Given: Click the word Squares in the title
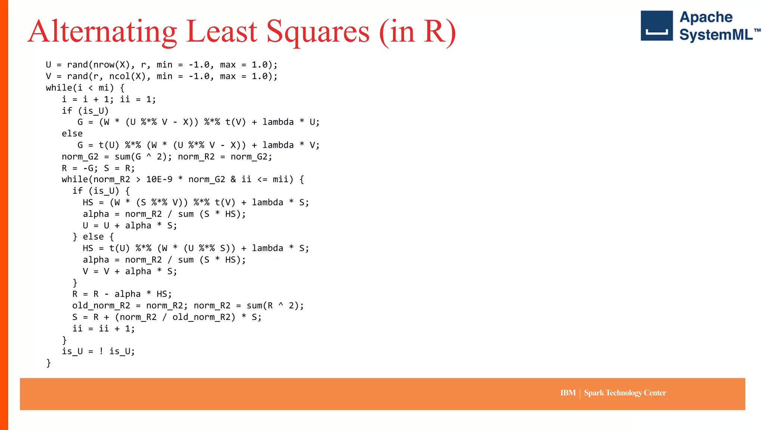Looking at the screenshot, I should pyautogui.click(x=318, y=32).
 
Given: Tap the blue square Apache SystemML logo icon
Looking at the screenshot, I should pyautogui.click(x=656, y=26).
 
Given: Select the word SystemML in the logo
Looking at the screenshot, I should pyautogui.click(x=716, y=35).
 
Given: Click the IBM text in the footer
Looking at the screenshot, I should pyautogui.click(x=568, y=393).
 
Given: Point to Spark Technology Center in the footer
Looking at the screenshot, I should pyautogui.click(x=625, y=393).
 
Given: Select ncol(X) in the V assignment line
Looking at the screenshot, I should pyautogui.click(x=127, y=77).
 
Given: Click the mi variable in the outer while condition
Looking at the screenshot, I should pyautogui.click(x=103, y=88).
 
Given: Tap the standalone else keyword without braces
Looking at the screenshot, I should pyautogui.click(x=72, y=134).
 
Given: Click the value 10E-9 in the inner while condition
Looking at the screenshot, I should pyautogui.click(x=159, y=180).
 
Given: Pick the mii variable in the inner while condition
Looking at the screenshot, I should pyautogui.click(x=280, y=180).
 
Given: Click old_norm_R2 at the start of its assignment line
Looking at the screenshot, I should pyautogui.click(x=101, y=306).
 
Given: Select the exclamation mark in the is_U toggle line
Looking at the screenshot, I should pyautogui.click(x=101, y=351).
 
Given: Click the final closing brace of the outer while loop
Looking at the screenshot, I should pyautogui.click(x=49, y=363).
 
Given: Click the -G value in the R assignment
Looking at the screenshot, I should pyautogui.click(x=88, y=168).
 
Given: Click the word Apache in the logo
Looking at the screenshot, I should pyautogui.click(x=706, y=17).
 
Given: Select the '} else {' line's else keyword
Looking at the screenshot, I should pyautogui.click(x=93, y=237).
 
